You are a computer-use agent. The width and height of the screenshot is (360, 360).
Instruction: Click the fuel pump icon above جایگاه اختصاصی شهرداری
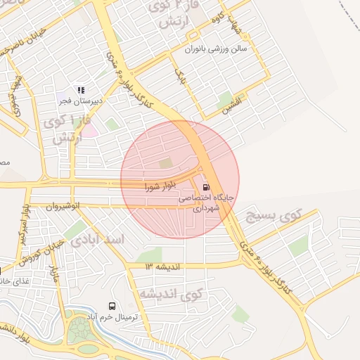(205, 188)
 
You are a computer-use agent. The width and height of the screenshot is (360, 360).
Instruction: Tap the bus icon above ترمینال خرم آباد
(112, 306)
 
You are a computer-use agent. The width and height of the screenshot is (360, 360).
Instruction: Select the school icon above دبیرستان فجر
(81, 90)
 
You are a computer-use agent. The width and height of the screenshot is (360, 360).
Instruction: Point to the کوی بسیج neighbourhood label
(295, 216)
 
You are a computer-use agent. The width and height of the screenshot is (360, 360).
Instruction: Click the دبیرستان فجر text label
(81, 101)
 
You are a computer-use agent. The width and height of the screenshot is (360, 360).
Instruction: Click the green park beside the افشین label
(225, 99)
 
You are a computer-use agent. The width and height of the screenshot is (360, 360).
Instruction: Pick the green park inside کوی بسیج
(298, 245)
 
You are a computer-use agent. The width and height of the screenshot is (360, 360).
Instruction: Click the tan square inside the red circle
(166, 164)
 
